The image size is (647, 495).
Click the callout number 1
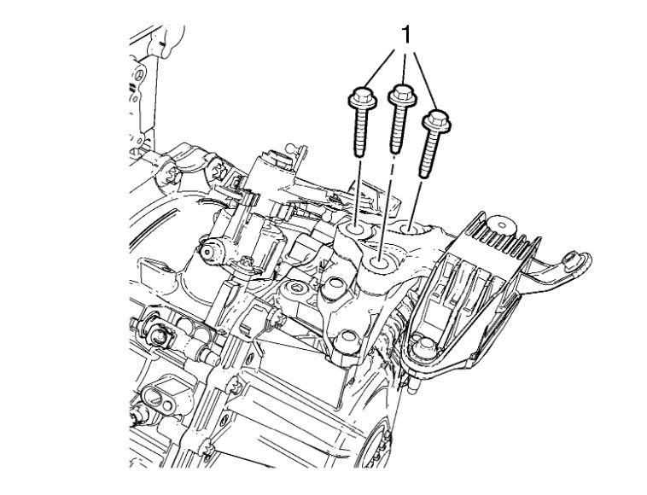point(406,35)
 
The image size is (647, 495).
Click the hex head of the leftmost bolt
point(362,97)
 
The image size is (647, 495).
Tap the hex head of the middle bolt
point(403,96)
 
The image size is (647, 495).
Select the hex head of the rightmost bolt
point(436,120)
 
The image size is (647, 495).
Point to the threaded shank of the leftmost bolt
point(360,133)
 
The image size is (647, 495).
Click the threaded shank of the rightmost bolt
point(428,154)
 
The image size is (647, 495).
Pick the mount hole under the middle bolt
point(379,262)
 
